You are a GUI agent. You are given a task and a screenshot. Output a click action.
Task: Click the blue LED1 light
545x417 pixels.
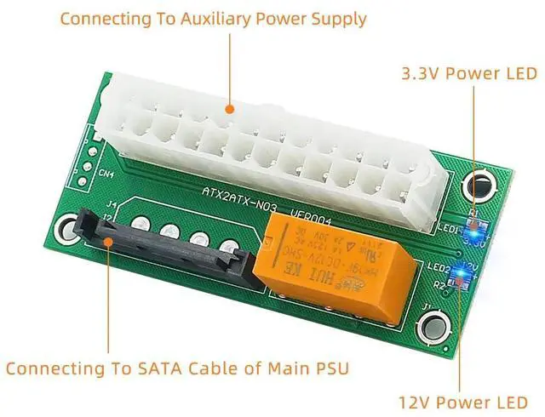473,227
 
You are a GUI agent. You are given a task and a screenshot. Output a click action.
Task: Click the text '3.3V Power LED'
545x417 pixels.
469,74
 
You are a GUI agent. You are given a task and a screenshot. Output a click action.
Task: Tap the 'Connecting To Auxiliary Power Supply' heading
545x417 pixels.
213,18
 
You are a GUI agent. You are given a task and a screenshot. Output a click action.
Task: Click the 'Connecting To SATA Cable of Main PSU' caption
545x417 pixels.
178,368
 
